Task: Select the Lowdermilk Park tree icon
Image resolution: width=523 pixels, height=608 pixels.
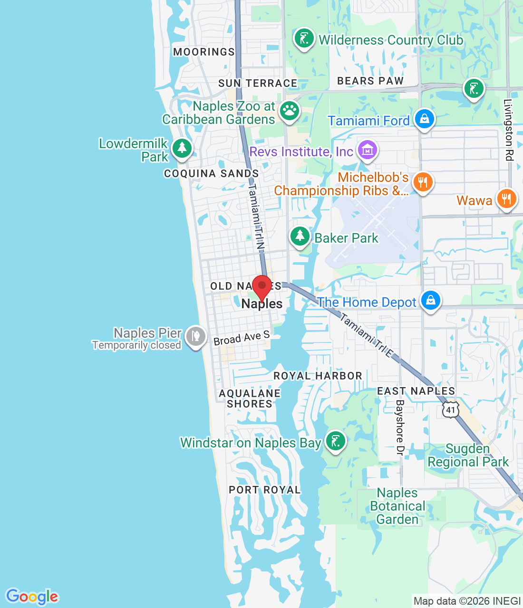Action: [x=182, y=148]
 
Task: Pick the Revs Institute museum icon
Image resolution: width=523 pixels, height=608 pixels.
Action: [x=367, y=151]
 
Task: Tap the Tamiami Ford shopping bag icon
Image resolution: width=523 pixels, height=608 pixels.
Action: [x=424, y=119]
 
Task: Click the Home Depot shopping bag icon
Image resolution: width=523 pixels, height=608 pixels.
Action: [x=431, y=301]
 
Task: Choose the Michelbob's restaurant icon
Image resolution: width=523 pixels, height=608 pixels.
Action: [x=422, y=182]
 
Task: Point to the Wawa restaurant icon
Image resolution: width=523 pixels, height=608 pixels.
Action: [x=506, y=199]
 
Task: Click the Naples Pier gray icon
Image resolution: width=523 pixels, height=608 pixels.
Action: [x=195, y=337]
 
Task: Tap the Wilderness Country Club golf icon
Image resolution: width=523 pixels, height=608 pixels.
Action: [x=304, y=38]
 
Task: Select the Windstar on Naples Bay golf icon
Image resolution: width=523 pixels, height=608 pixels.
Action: [x=335, y=441]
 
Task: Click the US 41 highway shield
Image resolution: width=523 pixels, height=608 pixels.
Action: [x=450, y=409]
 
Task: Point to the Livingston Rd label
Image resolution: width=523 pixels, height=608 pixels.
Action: [x=509, y=129]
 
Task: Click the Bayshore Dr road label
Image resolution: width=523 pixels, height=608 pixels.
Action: [x=399, y=427]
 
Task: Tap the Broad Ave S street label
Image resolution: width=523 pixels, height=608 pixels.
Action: [x=242, y=338]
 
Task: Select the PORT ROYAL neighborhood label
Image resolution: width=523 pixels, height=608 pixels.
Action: [x=265, y=490]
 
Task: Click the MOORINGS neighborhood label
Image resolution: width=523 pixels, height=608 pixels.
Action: [x=204, y=52]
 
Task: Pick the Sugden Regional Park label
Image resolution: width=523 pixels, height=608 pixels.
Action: [x=468, y=455]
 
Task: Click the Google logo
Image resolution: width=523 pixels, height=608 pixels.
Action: [x=32, y=596]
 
